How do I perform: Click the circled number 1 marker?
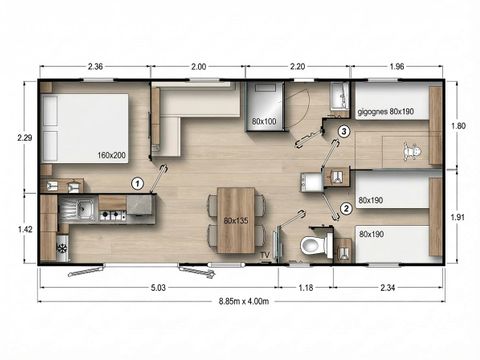click(138, 182)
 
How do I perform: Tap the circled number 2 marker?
click(346, 208)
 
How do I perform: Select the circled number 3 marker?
click(344, 131)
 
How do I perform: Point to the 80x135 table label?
click(235, 219)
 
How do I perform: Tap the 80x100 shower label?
click(264, 122)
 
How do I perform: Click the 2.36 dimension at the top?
click(96, 67)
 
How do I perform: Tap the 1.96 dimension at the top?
click(398, 67)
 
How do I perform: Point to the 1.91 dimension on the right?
click(460, 217)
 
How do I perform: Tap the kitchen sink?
click(85, 210)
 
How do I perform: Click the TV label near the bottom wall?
click(264, 257)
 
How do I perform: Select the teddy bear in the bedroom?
click(408, 152)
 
